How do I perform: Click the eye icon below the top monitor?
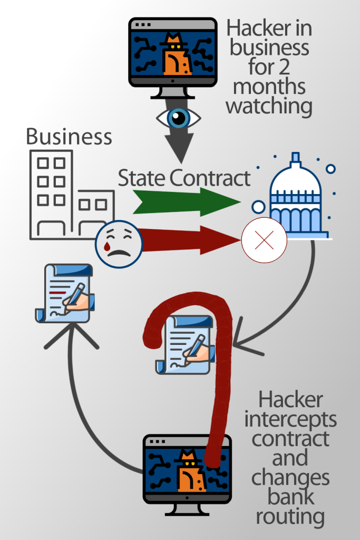pyautogui.click(x=179, y=118)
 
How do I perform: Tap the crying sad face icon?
pyautogui.click(x=119, y=244)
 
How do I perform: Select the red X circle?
pyautogui.click(x=264, y=240)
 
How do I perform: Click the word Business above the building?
pyautogui.click(x=69, y=137)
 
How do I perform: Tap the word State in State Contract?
pyautogui.click(x=142, y=178)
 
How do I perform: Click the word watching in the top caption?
pyautogui.click(x=269, y=106)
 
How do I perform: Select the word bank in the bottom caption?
pyautogui.click(x=290, y=497)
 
